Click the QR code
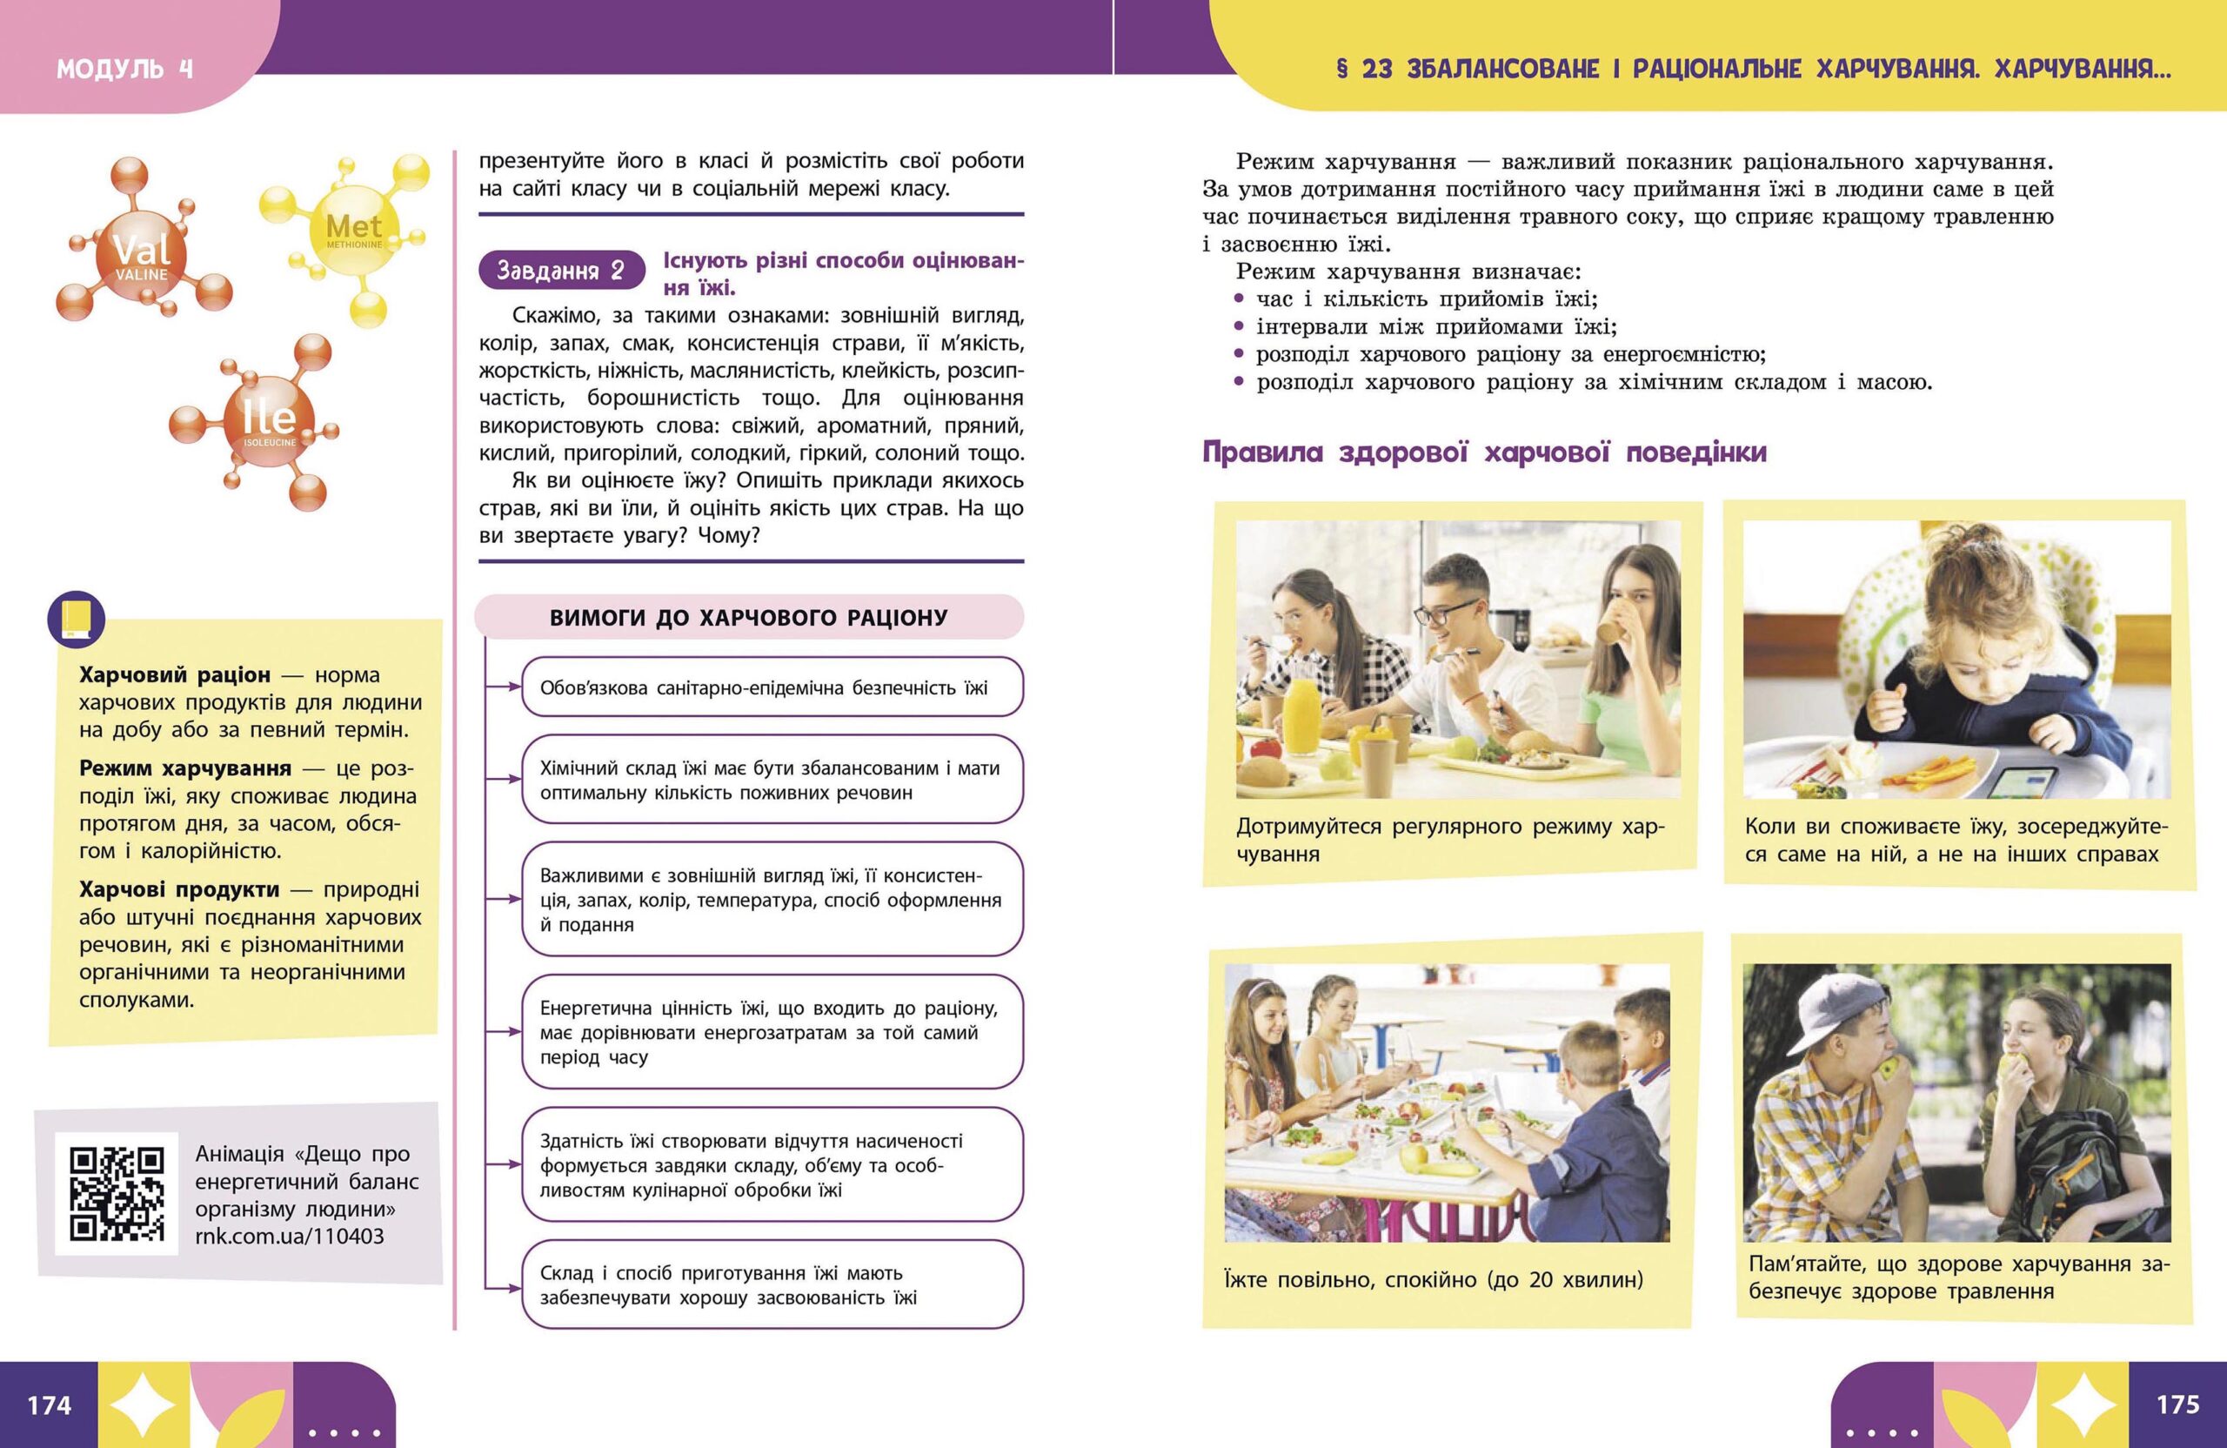point(117,1193)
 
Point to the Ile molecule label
point(270,418)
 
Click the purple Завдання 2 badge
point(561,271)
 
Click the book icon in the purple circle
point(76,620)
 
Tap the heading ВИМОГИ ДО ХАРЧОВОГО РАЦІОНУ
point(749,618)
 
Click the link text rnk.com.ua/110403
point(289,1236)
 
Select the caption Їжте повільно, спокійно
point(1433,1279)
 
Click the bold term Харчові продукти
point(178,889)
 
